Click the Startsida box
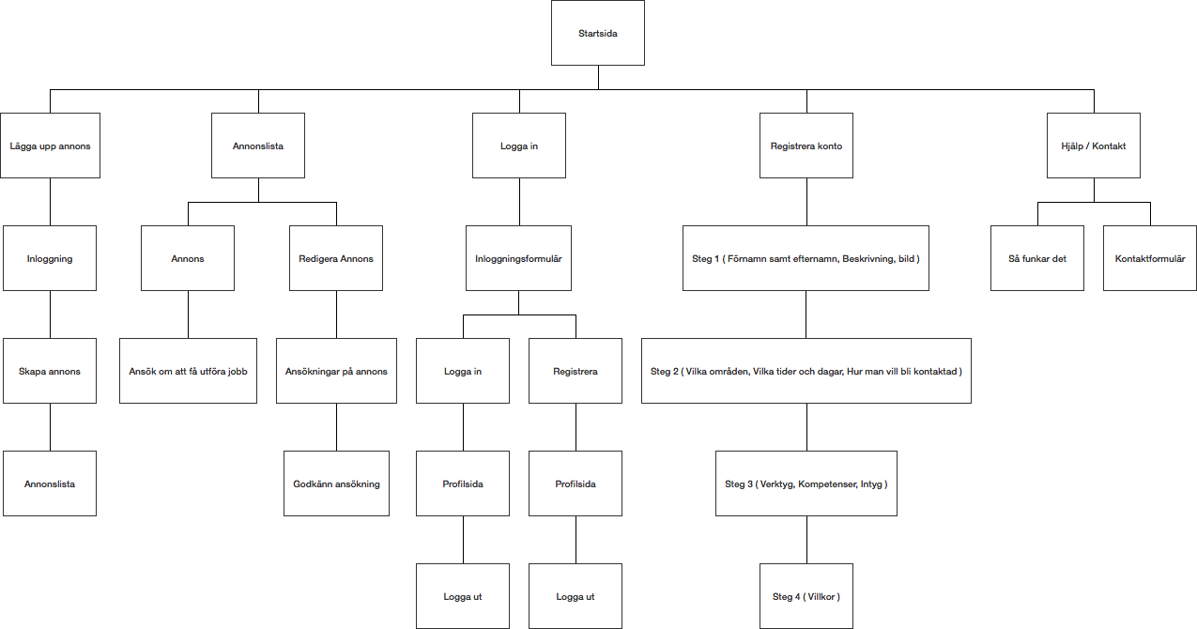(597, 33)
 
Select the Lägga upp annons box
(51, 146)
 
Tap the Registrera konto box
(806, 146)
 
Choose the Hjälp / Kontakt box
(1094, 146)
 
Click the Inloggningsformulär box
(518, 258)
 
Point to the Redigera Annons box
(336, 258)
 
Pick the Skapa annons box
(50, 371)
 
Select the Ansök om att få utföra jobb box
(188, 371)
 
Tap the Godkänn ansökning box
(336, 483)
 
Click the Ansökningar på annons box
(336, 371)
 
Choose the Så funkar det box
(1037, 258)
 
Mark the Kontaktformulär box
(1150, 258)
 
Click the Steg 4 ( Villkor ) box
(806, 596)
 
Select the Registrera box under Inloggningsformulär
(575, 371)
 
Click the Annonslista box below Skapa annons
(50, 483)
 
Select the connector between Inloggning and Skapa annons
(51, 314)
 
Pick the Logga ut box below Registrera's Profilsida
(575, 596)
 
